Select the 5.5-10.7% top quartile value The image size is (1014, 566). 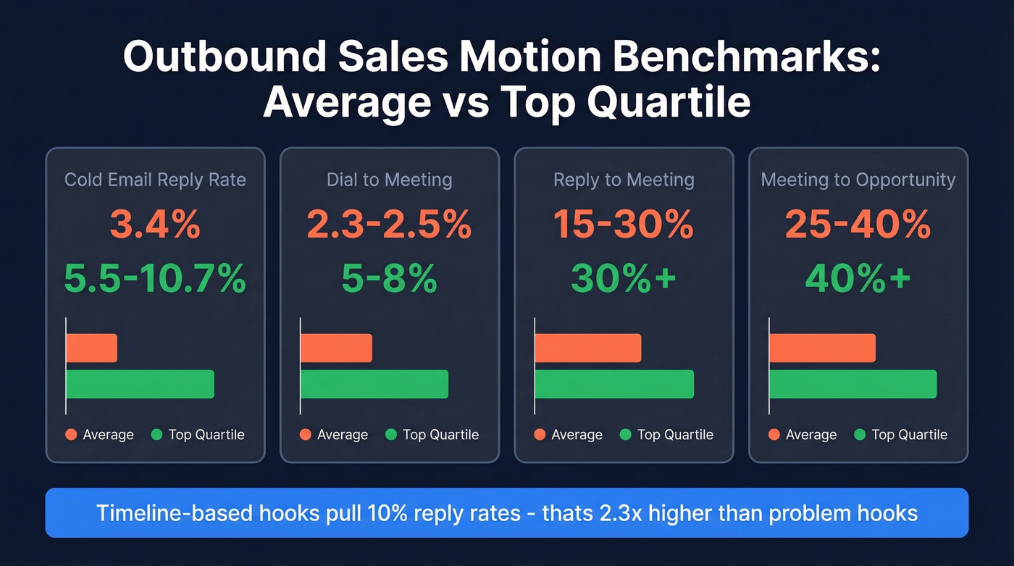[154, 278]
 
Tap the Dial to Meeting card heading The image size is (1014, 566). [389, 180]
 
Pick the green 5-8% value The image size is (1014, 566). [389, 278]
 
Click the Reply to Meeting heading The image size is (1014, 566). [624, 180]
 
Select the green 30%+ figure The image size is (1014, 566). [624, 278]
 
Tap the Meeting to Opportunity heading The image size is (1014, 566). [858, 180]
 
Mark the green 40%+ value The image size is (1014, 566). [858, 278]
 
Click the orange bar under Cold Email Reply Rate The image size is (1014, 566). [92, 348]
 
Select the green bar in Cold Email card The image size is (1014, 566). [141, 384]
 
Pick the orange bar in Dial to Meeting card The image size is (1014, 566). [336, 348]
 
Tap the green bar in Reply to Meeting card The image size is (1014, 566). [614, 384]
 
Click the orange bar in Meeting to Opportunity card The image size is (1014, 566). [822, 348]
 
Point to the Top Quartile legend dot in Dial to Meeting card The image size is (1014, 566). [391, 435]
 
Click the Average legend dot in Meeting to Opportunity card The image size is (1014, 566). [774, 435]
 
